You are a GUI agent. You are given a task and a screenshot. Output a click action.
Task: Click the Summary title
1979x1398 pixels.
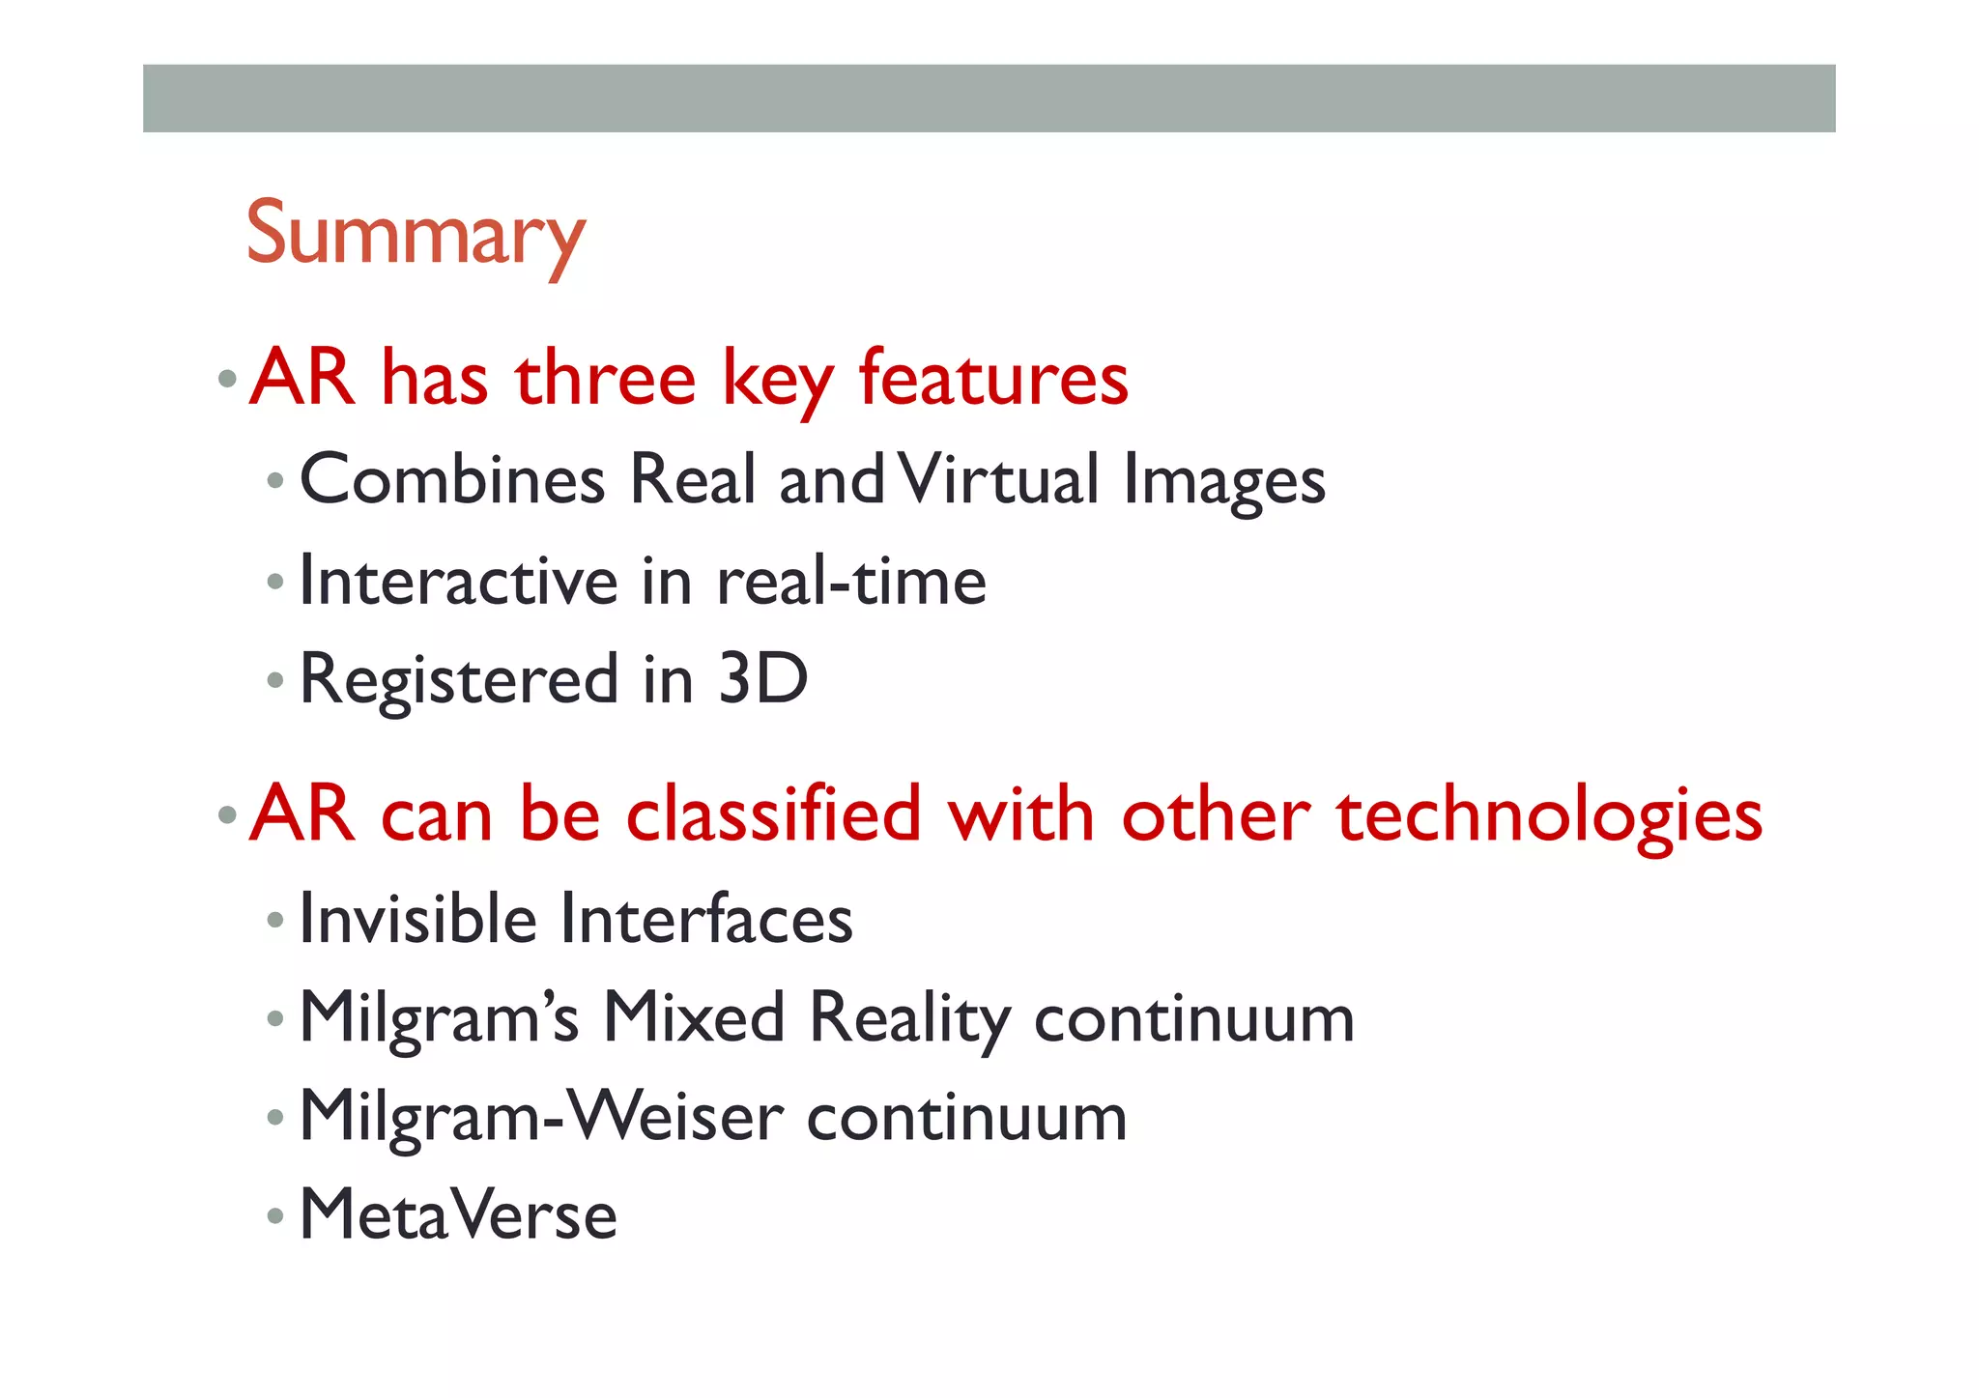[x=416, y=234]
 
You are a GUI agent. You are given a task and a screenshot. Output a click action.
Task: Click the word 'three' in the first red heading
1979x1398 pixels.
[x=606, y=378]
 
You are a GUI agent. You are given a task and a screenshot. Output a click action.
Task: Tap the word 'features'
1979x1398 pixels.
[x=993, y=378]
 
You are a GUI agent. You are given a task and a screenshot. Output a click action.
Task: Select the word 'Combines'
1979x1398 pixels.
[x=452, y=479]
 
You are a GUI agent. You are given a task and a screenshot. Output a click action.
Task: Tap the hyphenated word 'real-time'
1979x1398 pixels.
[x=851, y=581]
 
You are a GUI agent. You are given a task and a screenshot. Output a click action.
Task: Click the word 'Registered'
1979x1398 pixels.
[x=459, y=680]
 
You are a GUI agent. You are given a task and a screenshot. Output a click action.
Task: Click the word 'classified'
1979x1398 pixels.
[x=773, y=813]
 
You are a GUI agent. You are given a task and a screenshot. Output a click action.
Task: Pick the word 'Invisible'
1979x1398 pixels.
[x=417, y=918]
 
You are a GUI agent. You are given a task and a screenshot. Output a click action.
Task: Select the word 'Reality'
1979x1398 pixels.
[x=910, y=1018]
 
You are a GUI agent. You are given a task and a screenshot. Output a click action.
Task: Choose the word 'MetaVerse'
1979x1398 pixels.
[x=458, y=1214]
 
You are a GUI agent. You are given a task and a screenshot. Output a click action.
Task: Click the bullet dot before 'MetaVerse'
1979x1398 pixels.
[x=275, y=1215]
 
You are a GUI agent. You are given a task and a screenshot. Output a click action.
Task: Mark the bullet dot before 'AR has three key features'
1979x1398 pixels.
[x=227, y=379]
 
